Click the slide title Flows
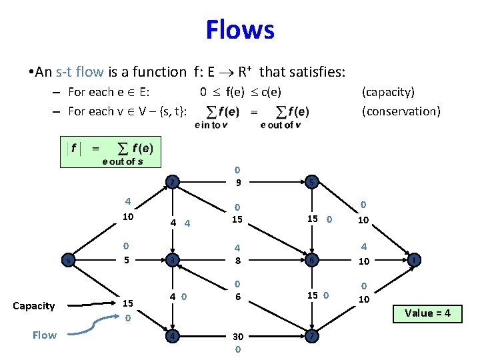(x=239, y=30)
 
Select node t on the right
(x=414, y=260)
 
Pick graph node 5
(x=311, y=181)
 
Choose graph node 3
(x=172, y=260)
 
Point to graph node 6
(x=311, y=260)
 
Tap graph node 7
(x=311, y=336)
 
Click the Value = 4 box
(x=428, y=313)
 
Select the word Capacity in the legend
(x=33, y=306)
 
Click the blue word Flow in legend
(x=44, y=335)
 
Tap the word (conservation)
(x=401, y=111)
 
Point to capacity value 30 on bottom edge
(x=238, y=337)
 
